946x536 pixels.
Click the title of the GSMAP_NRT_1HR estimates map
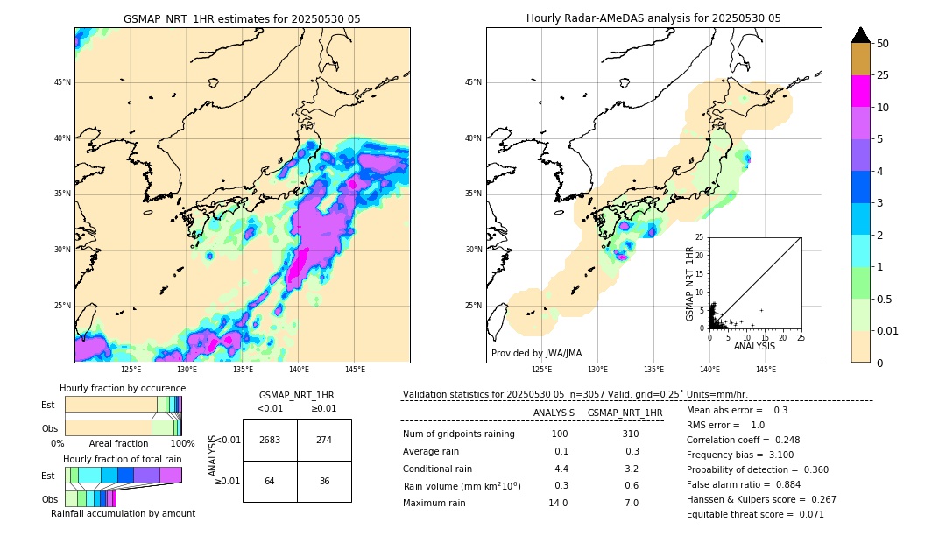[x=242, y=18]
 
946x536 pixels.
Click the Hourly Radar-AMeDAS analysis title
[x=653, y=18]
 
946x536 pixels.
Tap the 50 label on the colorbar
[x=883, y=44]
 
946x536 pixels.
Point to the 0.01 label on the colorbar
[x=888, y=330]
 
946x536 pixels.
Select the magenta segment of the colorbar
[x=860, y=91]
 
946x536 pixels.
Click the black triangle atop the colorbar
[x=860, y=35]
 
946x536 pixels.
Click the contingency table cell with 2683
[x=270, y=440]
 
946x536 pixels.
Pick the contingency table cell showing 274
[x=324, y=440]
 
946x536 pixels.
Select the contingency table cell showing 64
[x=270, y=481]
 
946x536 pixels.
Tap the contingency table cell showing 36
[x=324, y=481]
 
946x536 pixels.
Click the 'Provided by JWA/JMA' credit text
[x=536, y=353]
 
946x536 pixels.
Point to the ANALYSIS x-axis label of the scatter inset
[x=754, y=346]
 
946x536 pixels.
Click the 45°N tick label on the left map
[x=62, y=82]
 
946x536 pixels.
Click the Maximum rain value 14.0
[x=557, y=503]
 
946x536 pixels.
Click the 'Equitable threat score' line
[x=755, y=514]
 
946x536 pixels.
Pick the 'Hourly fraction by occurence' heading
[x=123, y=388]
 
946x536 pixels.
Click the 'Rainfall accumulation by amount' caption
[x=124, y=513]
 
